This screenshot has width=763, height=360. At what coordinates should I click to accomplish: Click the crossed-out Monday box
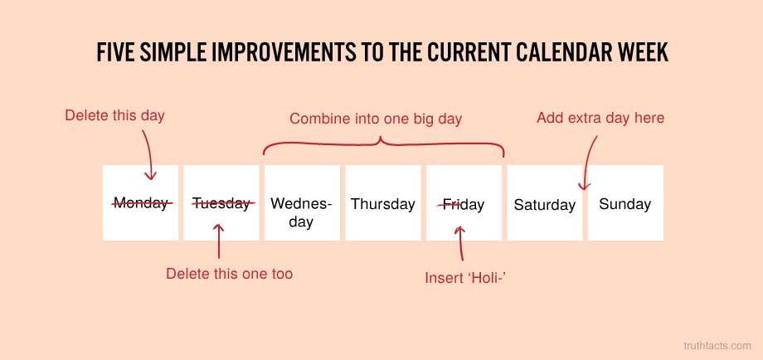(x=140, y=202)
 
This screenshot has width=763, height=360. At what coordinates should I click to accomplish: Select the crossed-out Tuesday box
(x=221, y=202)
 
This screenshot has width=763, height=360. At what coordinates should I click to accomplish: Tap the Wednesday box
(x=302, y=202)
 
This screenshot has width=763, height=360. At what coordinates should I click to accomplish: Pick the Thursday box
(x=383, y=202)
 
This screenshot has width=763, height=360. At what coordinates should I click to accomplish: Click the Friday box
(x=464, y=202)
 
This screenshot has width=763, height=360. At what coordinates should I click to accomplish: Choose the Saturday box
(x=545, y=202)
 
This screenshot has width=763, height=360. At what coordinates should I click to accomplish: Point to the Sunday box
(x=625, y=202)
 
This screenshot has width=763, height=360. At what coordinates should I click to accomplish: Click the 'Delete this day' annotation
(x=114, y=116)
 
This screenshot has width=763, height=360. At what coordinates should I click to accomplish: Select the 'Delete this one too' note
(x=229, y=274)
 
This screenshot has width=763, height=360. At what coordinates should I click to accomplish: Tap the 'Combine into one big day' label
(x=376, y=119)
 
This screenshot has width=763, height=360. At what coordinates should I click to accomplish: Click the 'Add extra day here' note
(x=600, y=118)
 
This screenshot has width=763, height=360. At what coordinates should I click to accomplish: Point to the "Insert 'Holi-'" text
(x=463, y=278)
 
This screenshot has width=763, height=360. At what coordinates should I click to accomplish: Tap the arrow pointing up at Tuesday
(x=219, y=241)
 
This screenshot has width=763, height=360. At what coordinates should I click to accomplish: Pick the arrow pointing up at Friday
(x=461, y=243)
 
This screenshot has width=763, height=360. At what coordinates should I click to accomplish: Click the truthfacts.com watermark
(x=717, y=346)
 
